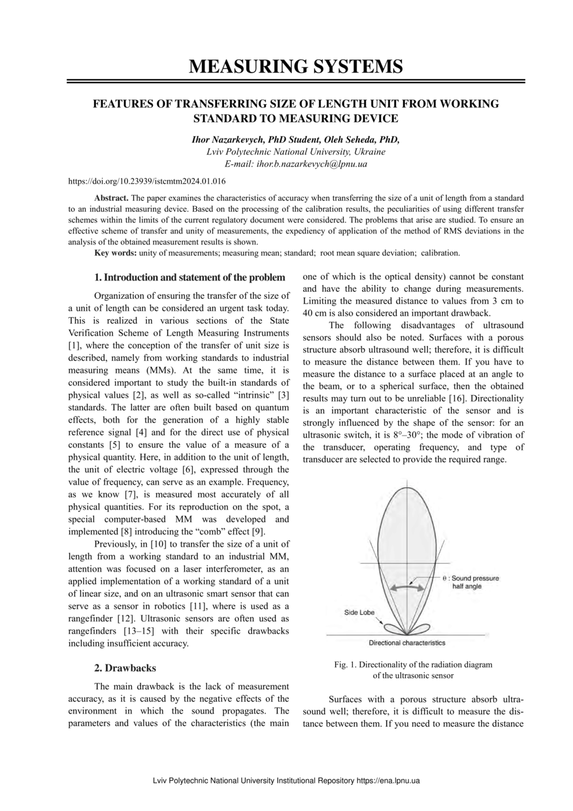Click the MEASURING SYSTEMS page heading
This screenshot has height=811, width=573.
[x=295, y=66]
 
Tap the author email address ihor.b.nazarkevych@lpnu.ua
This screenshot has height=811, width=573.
[x=295, y=164]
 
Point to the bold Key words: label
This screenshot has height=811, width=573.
[x=116, y=252]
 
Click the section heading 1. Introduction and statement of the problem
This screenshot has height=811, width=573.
[x=189, y=277]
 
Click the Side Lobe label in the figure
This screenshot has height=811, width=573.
[x=359, y=613]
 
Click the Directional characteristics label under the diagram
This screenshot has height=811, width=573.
[x=407, y=643]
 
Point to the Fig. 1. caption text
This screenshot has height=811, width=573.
[x=412, y=669]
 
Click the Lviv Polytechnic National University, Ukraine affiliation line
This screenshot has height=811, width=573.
[x=295, y=152]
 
